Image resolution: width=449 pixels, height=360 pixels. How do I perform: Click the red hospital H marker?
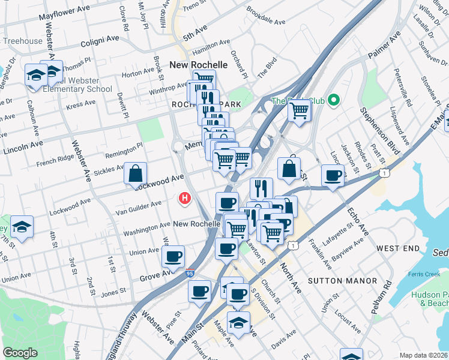click(x=185, y=197)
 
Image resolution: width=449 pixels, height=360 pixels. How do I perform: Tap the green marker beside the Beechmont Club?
click(x=336, y=100)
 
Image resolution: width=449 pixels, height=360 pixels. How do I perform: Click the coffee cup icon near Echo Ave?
click(x=333, y=175)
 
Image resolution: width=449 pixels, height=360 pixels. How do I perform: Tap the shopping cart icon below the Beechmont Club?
click(x=299, y=110)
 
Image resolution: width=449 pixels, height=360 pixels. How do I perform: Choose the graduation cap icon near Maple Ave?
click(x=238, y=322)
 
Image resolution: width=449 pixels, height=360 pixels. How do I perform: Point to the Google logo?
click(x=20, y=353)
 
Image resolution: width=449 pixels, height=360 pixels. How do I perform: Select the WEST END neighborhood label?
click(x=398, y=248)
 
